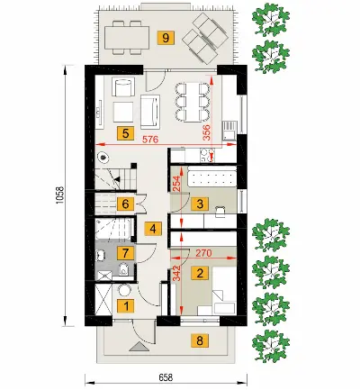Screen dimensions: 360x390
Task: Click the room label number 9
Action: tap(166, 38)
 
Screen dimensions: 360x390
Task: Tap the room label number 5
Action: tap(125, 133)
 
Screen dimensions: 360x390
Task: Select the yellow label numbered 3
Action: tap(200, 204)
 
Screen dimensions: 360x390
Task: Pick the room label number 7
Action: tap(125, 253)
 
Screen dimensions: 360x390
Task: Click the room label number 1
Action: tap(125, 306)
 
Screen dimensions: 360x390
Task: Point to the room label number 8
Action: tap(200, 340)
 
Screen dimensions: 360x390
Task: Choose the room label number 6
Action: tap(125, 204)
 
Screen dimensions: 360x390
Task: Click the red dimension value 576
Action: tap(149, 140)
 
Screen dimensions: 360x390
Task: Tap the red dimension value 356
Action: tap(207, 132)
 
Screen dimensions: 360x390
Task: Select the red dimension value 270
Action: tap(204, 253)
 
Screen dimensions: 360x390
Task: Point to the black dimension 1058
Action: tap(59, 195)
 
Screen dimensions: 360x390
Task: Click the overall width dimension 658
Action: tap(166, 377)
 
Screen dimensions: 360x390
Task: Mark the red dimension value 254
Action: tap(177, 184)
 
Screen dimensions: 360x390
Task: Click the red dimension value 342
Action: tap(177, 273)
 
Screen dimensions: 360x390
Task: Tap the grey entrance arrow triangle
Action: tap(139, 347)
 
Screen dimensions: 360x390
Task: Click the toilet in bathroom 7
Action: tap(123, 269)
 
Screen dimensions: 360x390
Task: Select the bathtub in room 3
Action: tap(211, 178)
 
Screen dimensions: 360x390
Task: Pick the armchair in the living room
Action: tap(123, 86)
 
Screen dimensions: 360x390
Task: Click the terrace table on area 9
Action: tap(127, 38)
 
